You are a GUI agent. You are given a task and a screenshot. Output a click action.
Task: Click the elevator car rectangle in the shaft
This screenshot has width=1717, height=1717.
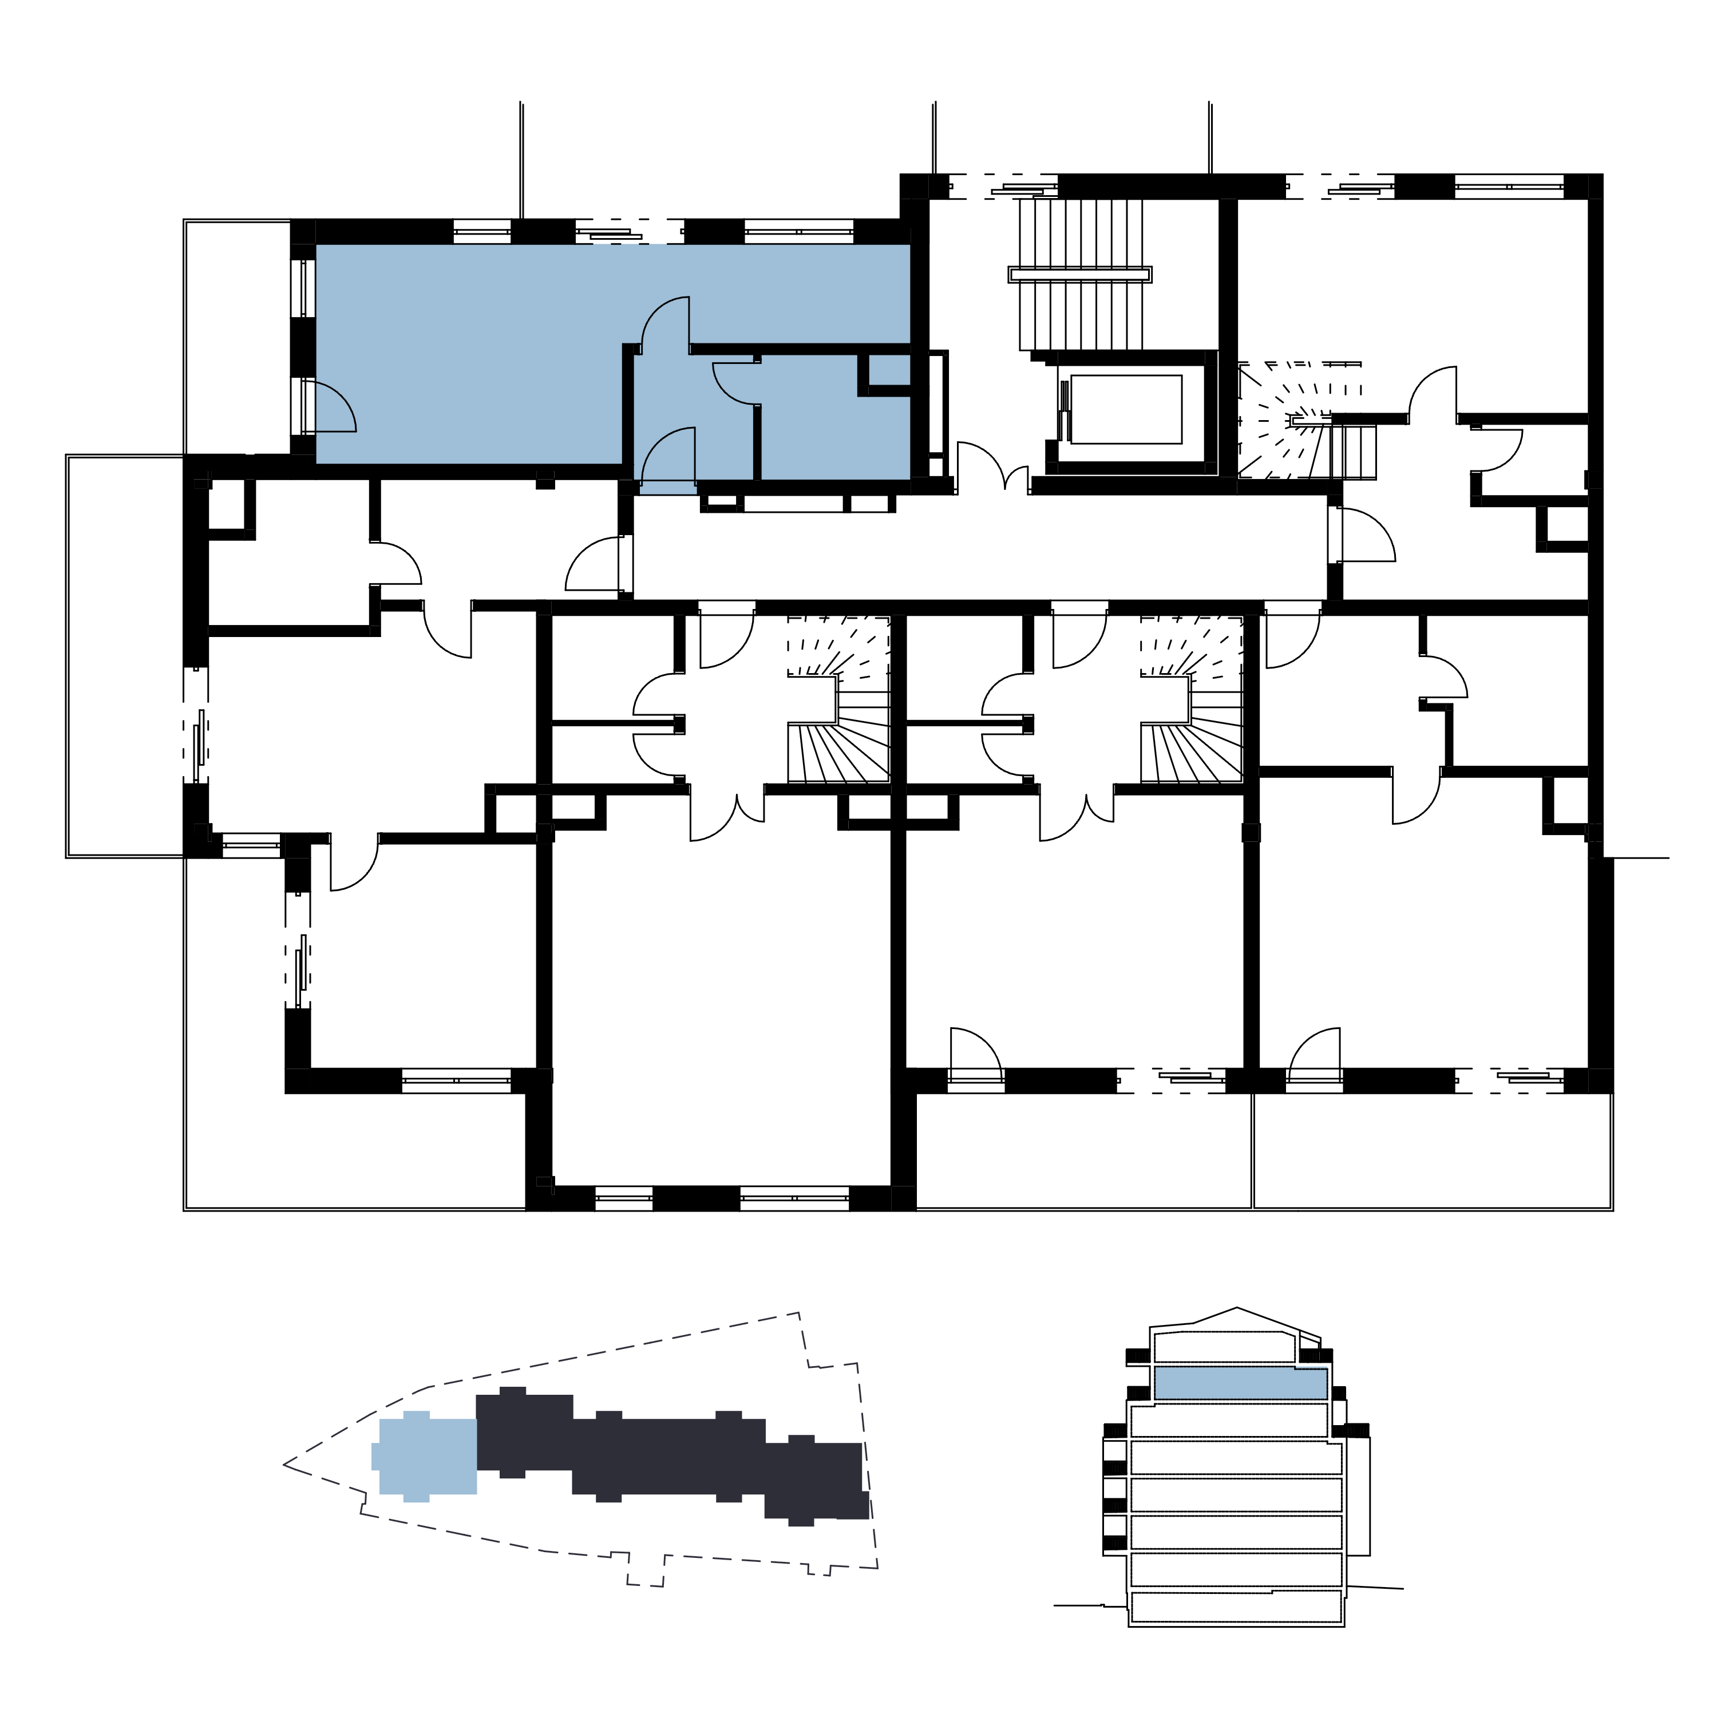pyautogui.click(x=1126, y=409)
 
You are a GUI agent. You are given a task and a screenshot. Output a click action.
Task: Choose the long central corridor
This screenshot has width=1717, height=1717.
pyautogui.click(x=978, y=547)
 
